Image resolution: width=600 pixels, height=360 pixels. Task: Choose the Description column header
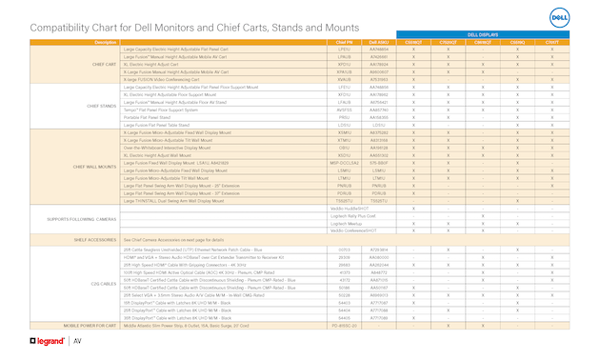[106, 43]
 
